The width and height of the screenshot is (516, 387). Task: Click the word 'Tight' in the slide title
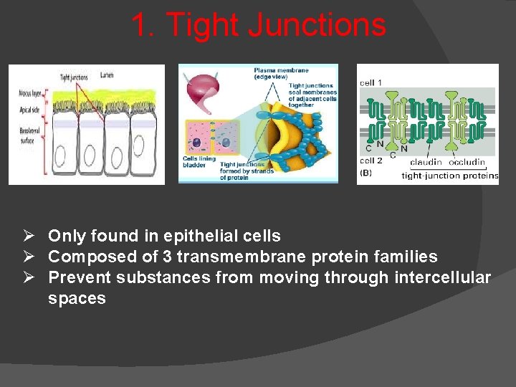[x=203, y=26]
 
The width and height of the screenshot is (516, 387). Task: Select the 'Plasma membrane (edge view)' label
[x=281, y=73]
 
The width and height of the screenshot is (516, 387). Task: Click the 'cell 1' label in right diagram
[x=371, y=83]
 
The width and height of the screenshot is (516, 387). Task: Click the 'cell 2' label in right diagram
[x=371, y=161]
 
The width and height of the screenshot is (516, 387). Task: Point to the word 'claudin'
[x=426, y=163]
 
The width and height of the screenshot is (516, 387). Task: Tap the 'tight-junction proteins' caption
[x=450, y=176]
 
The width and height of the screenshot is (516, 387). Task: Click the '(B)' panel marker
[x=365, y=173]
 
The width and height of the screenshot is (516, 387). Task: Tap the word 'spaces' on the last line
[x=77, y=298]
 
